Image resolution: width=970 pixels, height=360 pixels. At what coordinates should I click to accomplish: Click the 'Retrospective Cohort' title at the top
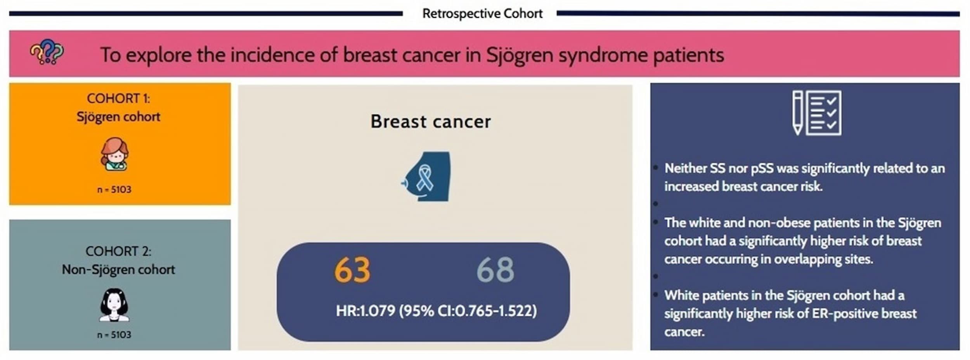point(482,14)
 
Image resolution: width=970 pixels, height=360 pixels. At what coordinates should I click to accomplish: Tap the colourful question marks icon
point(47,51)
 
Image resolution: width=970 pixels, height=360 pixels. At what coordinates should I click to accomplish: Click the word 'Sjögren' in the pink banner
point(520,55)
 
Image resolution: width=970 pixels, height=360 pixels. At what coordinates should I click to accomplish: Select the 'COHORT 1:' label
point(118,99)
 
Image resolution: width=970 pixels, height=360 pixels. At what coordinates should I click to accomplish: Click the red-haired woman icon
point(114,154)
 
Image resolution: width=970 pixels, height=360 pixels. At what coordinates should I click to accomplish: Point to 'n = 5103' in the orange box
point(114,189)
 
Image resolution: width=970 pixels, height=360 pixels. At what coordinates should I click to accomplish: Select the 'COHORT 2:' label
point(118,251)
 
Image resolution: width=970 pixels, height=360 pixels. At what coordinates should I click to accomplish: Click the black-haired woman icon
point(114,305)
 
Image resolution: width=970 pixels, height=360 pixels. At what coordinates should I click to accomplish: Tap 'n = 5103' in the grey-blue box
point(114,334)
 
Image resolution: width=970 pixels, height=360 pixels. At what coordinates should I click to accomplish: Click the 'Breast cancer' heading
point(431,121)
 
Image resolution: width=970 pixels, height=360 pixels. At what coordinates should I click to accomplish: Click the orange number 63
point(352,270)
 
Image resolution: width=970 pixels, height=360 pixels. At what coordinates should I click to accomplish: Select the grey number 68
point(495,270)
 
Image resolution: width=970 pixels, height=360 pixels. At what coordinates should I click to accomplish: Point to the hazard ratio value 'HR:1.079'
point(365,311)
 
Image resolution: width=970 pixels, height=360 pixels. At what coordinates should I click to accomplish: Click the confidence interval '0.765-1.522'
point(495,311)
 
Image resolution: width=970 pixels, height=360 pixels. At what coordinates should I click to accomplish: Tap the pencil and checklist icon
point(817,113)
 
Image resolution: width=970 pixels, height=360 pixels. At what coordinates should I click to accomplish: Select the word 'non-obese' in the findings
point(778,223)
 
